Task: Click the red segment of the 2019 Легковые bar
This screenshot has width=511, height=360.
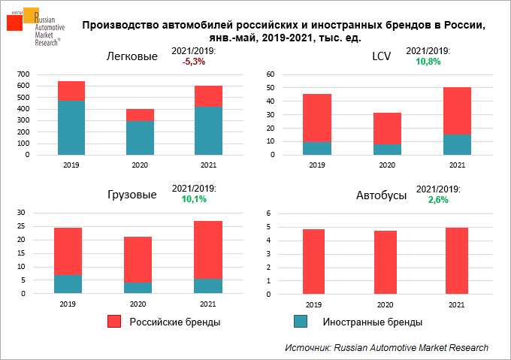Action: coord(71,91)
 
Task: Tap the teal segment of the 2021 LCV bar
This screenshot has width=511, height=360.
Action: coord(457,144)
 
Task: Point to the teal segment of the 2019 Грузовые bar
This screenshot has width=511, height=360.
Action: coord(68,283)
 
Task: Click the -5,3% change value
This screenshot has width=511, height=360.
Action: coord(194,62)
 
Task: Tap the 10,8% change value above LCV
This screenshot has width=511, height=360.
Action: coord(428,62)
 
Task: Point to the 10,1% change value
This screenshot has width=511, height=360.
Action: coord(194,200)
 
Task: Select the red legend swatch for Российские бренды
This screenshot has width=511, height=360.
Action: coord(113,322)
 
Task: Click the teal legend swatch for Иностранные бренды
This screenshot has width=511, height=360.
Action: coord(301,322)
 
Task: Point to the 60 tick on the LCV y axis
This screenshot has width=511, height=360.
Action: coord(270,74)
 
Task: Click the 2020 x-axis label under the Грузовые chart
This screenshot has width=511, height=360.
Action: coord(138,304)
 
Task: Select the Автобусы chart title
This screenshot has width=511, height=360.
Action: coord(381,195)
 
